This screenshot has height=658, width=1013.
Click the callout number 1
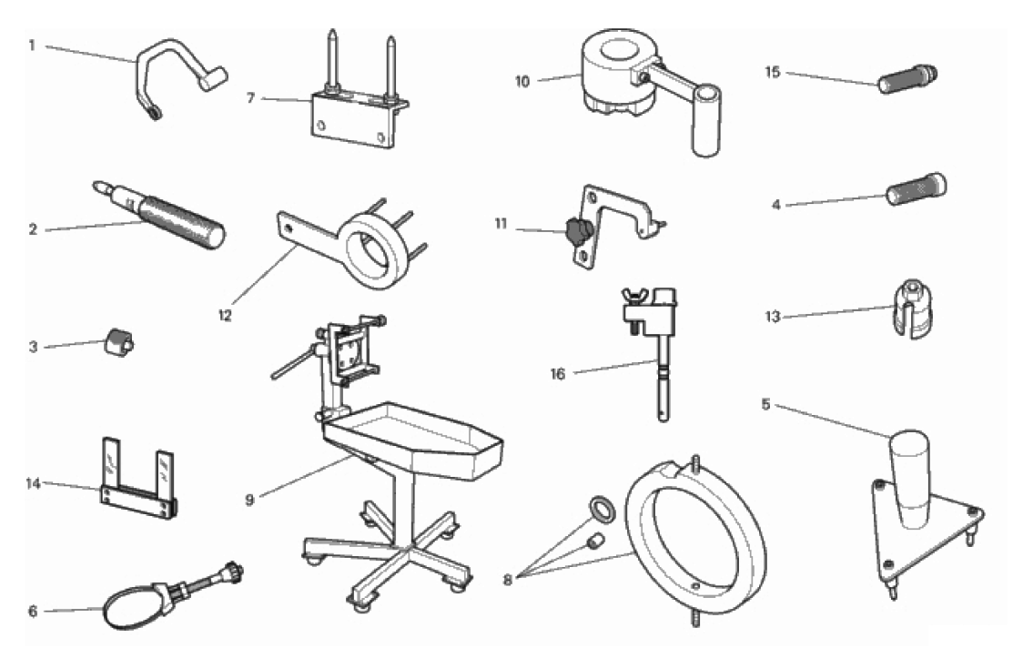(x=32, y=46)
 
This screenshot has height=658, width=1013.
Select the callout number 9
(x=250, y=500)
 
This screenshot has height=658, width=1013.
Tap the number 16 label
(x=558, y=374)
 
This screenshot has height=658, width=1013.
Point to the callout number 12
(x=224, y=316)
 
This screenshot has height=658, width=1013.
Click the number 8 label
(x=508, y=580)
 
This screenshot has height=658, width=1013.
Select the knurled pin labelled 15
(x=907, y=78)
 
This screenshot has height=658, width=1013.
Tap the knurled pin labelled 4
(x=917, y=189)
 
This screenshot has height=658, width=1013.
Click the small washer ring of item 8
(x=603, y=511)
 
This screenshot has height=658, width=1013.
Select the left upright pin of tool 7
(x=331, y=61)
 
